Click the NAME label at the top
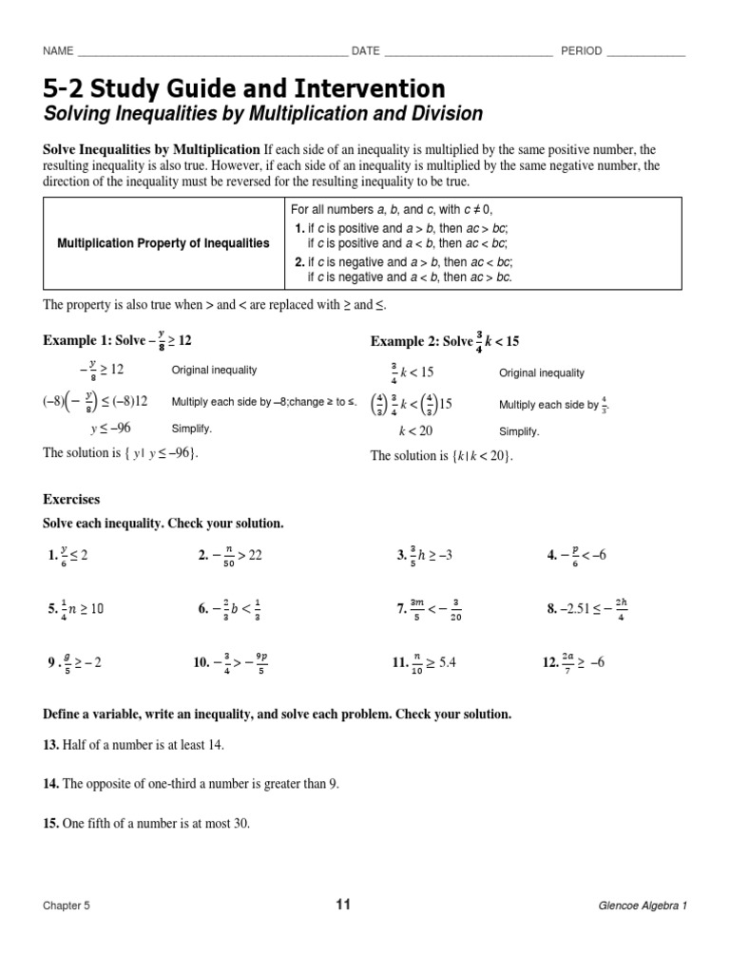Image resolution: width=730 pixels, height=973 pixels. [x=58, y=51]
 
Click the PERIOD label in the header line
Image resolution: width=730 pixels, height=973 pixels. [x=581, y=51]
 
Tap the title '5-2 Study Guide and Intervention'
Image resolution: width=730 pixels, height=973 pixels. [x=243, y=89]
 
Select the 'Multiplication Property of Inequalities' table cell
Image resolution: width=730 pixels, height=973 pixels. [x=163, y=243]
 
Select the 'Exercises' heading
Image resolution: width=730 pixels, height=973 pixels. [x=71, y=499]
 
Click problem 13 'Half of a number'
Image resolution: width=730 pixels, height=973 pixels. [x=133, y=745]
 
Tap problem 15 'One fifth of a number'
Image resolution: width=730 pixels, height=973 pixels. [x=146, y=824]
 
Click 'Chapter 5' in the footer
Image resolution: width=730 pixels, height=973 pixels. [x=67, y=906]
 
